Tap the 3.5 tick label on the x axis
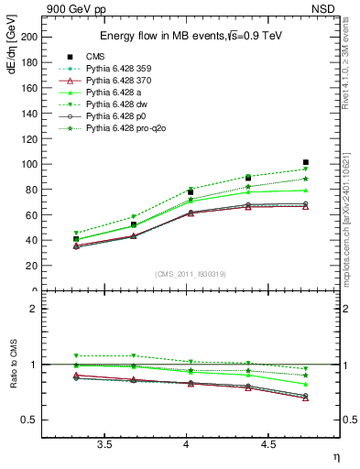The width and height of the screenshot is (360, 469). click(104, 444)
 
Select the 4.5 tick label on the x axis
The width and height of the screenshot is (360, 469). click(267, 444)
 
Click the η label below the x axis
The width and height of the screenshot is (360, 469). click(334, 457)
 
